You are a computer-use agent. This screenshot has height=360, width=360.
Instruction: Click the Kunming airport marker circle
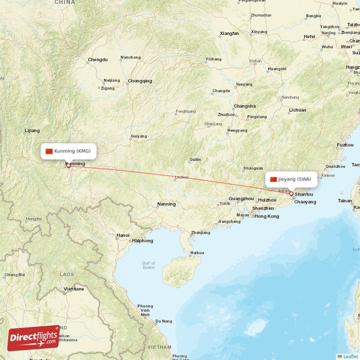[68, 166]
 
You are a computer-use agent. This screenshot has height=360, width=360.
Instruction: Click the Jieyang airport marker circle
[291, 194]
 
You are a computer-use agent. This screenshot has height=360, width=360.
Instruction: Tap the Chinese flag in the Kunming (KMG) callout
[49, 151]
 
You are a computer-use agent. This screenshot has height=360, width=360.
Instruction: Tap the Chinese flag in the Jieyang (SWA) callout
[273, 179]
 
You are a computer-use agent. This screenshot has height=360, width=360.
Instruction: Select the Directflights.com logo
[33, 337]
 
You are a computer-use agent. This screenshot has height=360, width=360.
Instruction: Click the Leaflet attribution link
[350, 356]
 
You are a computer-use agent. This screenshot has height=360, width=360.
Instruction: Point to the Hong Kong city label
[266, 216]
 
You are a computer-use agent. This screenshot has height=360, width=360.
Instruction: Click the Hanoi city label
[122, 235]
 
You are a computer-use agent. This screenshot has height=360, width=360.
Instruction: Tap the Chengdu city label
[98, 59]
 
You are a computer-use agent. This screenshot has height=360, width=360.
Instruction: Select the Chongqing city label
[140, 81]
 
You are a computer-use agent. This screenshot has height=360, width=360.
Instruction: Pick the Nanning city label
[166, 204]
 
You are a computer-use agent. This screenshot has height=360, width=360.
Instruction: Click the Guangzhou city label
[241, 198]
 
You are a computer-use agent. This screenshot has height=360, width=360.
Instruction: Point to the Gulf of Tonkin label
[148, 265]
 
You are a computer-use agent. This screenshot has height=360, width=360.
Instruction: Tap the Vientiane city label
[74, 289]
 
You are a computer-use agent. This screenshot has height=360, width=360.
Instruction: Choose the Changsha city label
[244, 106]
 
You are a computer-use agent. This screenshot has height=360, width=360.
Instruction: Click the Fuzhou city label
[345, 145]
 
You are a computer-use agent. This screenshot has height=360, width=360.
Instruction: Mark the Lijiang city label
[32, 130]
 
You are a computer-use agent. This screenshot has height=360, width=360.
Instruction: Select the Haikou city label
[197, 252]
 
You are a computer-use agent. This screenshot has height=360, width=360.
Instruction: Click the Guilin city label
[195, 159]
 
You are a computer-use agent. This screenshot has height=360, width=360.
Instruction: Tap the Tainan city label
[345, 201]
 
